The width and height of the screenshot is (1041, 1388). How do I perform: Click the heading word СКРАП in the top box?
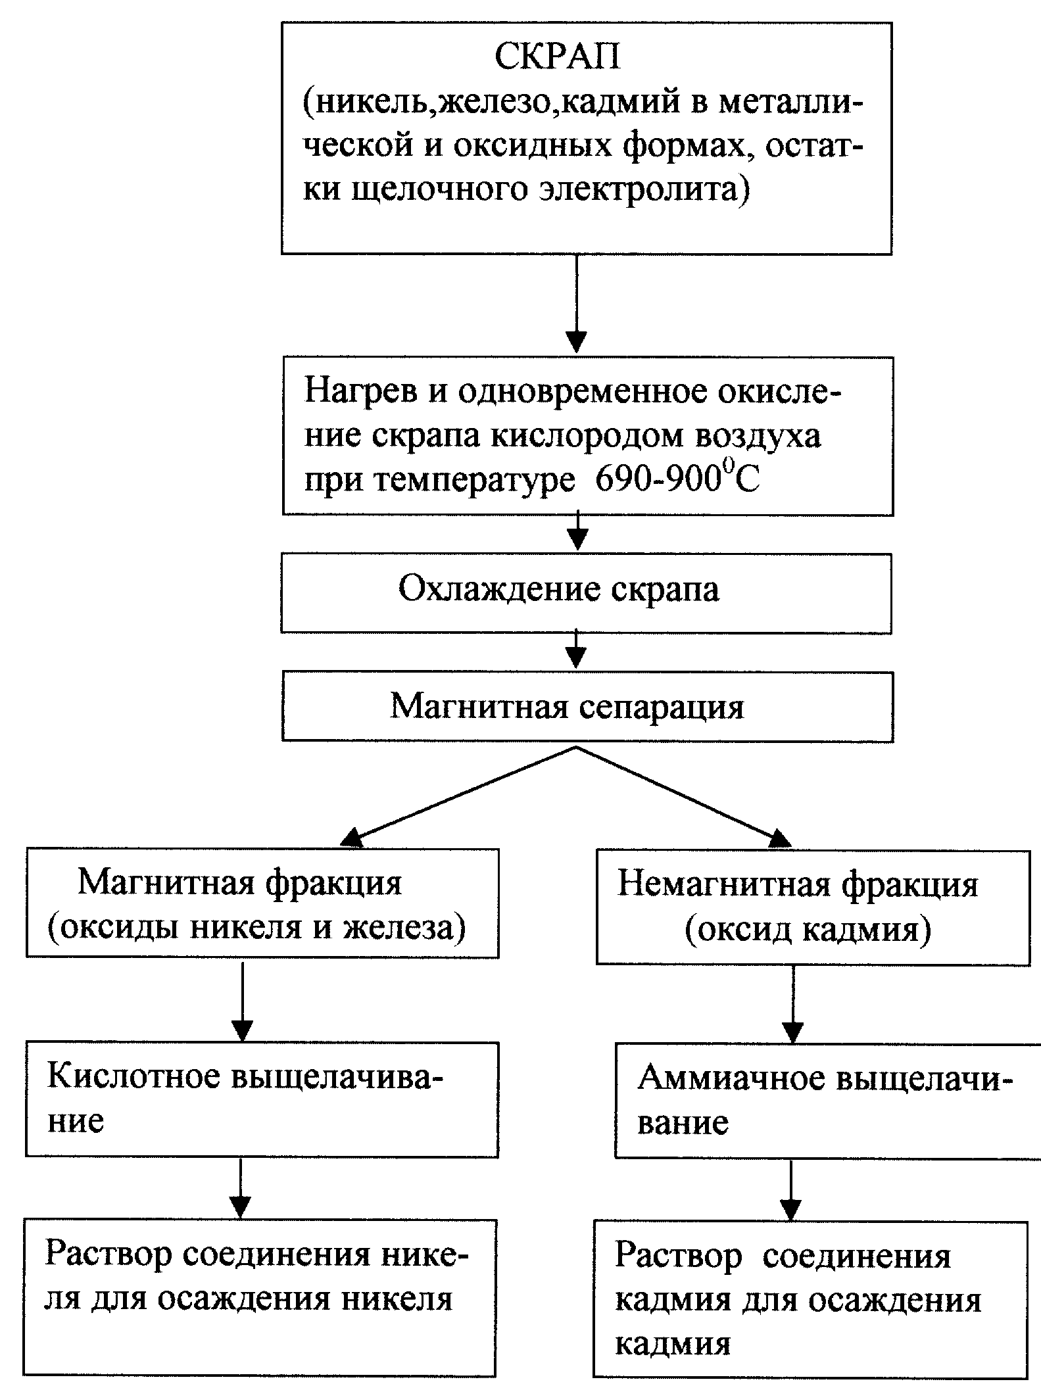pyautogui.click(x=557, y=58)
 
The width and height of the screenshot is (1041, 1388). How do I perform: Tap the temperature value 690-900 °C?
pyautogui.click(x=677, y=480)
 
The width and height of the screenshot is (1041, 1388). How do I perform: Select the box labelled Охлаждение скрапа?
pyautogui.click(x=586, y=593)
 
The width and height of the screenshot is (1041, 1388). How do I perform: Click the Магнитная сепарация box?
pyautogui.click(x=587, y=707)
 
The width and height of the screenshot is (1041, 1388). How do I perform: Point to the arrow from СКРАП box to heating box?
pyautogui.click(x=577, y=304)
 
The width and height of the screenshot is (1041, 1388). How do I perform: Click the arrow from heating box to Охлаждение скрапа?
pyautogui.click(x=577, y=533)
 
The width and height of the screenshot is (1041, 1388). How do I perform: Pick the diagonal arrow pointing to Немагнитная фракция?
pyautogui.click(x=684, y=797)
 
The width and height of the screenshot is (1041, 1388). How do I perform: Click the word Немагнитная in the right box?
pyautogui.click(x=725, y=885)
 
